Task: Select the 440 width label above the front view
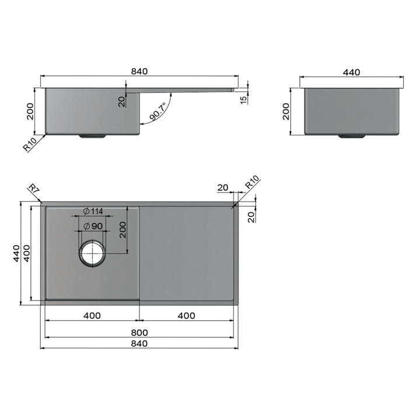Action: point(351,72)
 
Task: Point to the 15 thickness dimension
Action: point(243,97)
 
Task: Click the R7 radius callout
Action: point(33,189)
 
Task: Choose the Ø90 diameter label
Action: point(93,226)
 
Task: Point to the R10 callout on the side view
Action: point(30,143)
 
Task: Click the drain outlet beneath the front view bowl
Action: point(351,136)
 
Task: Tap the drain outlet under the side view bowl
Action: point(92,136)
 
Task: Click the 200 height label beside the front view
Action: point(286,111)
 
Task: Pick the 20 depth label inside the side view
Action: point(122,101)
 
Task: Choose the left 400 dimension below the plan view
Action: point(92,316)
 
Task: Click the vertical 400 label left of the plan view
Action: point(27,252)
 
